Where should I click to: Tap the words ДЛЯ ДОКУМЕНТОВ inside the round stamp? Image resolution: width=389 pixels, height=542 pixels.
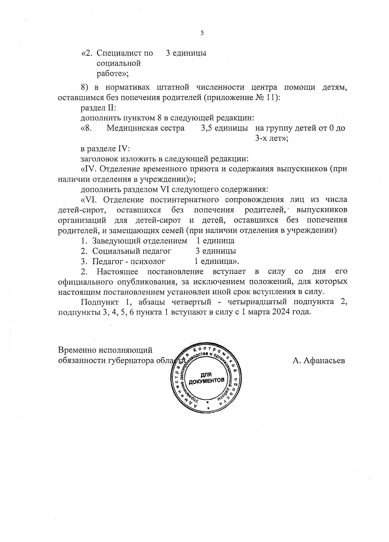click(x=206, y=377)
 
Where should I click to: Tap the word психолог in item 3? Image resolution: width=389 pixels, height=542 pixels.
click(x=147, y=261)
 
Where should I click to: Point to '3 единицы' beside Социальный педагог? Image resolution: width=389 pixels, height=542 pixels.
click(x=216, y=251)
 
